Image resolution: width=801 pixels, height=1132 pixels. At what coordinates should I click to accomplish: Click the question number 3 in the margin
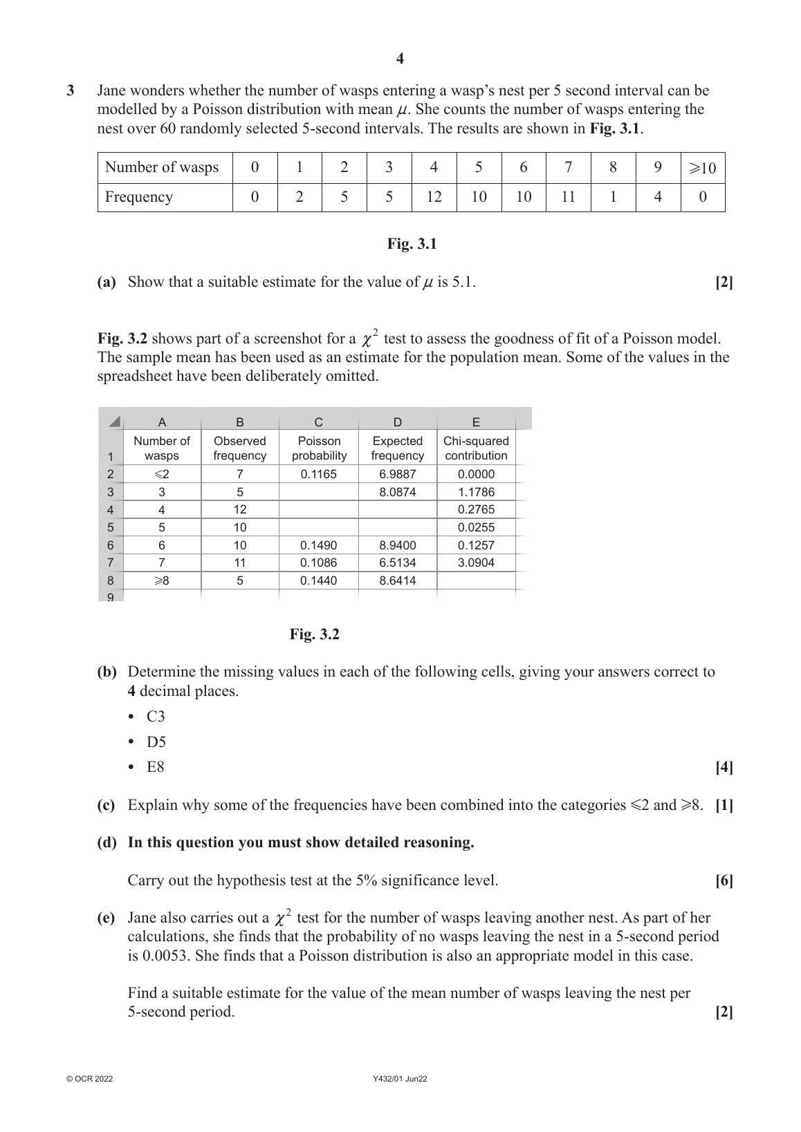pyautogui.click(x=71, y=91)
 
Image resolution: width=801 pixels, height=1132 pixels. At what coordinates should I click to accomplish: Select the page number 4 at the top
pyautogui.click(x=400, y=59)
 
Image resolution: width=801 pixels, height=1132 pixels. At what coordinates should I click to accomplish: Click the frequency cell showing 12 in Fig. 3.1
pyautogui.click(x=434, y=197)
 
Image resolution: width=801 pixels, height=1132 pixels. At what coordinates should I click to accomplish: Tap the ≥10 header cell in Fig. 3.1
pyautogui.click(x=703, y=167)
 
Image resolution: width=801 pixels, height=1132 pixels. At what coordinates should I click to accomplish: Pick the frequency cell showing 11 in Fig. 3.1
pyautogui.click(x=568, y=197)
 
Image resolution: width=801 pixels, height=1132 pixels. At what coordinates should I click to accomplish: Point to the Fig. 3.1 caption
pyautogui.click(x=412, y=244)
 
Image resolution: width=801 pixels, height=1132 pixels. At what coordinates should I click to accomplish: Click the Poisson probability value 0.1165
pyautogui.click(x=319, y=474)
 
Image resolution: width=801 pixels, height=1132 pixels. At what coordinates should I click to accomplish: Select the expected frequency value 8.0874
pyautogui.click(x=398, y=492)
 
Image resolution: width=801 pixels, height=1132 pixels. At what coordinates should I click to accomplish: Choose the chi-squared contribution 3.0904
pyautogui.click(x=476, y=563)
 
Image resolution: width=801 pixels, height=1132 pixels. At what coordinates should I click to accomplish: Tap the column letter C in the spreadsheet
pyautogui.click(x=319, y=422)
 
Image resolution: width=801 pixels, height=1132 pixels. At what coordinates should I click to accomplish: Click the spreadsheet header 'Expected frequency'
pyautogui.click(x=398, y=448)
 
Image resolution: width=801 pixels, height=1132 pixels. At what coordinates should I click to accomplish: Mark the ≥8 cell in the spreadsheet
pyautogui.click(x=161, y=581)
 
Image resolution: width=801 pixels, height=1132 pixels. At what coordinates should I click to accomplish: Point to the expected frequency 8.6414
pyautogui.click(x=398, y=581)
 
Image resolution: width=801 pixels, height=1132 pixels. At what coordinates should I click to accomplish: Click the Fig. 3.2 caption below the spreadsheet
pyautogui.click(x=315, y=634)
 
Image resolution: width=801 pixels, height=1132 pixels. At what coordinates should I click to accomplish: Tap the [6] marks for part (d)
pyautogui.click(x=724, y=880)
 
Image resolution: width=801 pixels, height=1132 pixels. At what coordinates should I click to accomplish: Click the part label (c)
pyautogui.click(x=107, y=805)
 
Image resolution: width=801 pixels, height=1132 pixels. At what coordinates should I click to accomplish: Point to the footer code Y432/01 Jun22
pyautogui.click(x=400, y=1079)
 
